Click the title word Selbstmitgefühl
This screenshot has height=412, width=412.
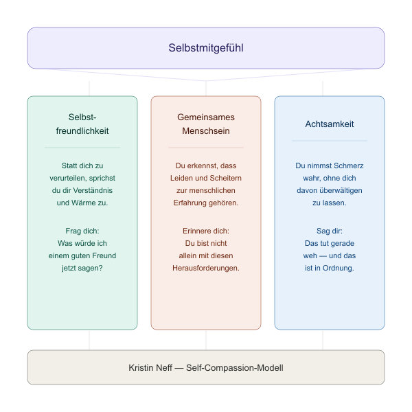pyautogui.click(x=206, y=48)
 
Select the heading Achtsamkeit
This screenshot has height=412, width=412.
pyautogui.click(x=330, y=124)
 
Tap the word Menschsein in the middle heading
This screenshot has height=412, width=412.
pyautogui.click(x=206, y=131)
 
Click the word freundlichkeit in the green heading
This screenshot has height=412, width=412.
pyautogui.click(x=82, y=131)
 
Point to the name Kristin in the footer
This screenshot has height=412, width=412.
pyautogui.click(x=141, y=367)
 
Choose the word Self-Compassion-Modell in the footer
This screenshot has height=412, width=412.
pyautogui.click(x=235, y=367)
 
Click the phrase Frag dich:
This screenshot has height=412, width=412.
pyautogui.click(x=82, y=231)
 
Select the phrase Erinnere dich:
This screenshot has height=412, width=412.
pyautogui.click(x=206, y=231)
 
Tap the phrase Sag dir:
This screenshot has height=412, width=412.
pyautogui.click(x=330, y=231)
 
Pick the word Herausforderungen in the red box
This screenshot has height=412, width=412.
pyautogui.click(x=205, y=268)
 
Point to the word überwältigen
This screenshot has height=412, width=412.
pyautogui.click(x=341, y=190)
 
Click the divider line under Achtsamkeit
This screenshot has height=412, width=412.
pyautogui.click(x=330, y=141)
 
